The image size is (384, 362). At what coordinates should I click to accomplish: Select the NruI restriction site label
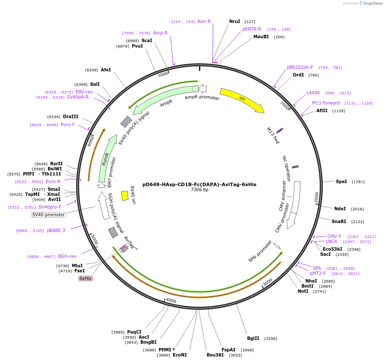point(234,21)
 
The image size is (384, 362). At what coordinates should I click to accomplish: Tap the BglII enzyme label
point(253,339)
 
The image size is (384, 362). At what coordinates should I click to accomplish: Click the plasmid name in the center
point(199,184)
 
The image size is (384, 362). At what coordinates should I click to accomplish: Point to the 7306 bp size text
point(199,190)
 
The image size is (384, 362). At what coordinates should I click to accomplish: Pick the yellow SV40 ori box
point(125,195)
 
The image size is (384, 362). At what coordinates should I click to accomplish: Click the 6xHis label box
point(85,278)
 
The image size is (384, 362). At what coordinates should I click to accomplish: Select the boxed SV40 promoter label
point(49,215)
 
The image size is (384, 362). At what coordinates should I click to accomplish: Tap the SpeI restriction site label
point(341,181)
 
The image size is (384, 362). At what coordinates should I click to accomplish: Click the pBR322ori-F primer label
point(299,67)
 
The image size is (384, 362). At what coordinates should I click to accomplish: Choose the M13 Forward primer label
point(326,103)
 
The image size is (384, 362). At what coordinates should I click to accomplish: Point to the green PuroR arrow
point(106,159)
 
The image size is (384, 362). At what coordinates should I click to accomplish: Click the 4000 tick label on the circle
point(171,300)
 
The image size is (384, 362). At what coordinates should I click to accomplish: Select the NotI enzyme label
point(303,291)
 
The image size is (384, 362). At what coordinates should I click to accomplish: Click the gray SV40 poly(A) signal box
point(126,122)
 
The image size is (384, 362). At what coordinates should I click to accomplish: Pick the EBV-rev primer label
point(84,92)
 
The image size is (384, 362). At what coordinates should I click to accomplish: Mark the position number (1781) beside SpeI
point(358,181)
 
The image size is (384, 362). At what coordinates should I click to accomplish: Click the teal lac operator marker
point(295,167)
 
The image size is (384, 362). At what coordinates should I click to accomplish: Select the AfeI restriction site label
point(106,70)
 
